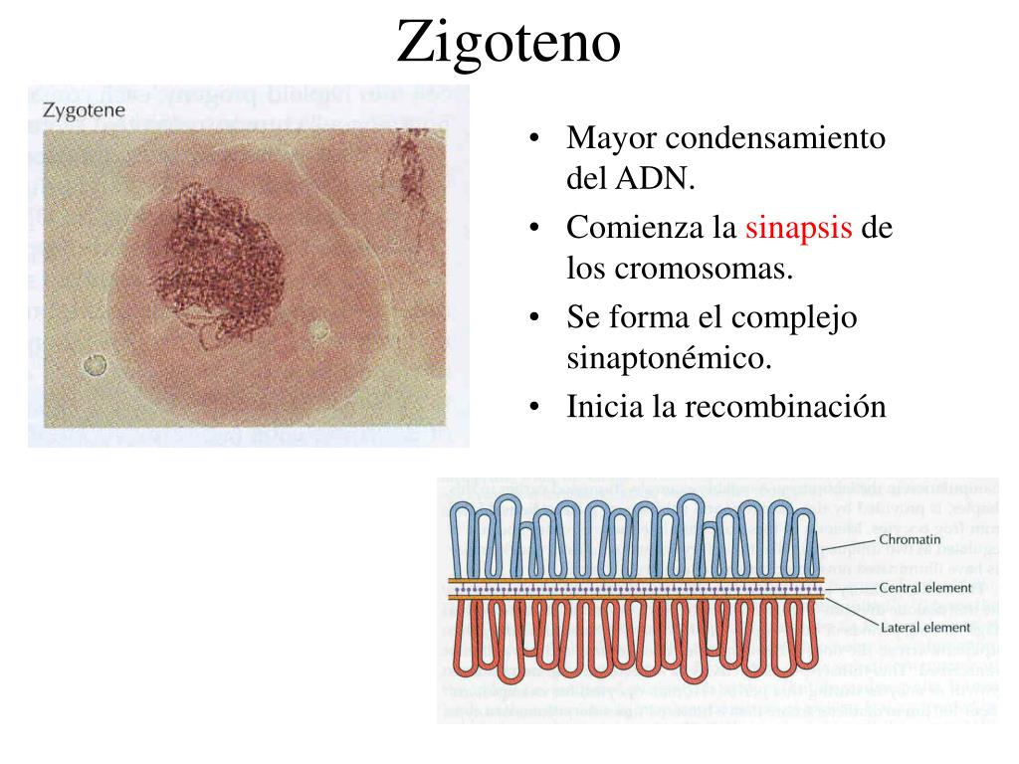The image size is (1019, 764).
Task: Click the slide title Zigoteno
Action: pyautogui.click(x=509, y=42)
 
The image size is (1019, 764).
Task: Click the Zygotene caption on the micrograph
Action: pyautogui.click(x=84, y=110)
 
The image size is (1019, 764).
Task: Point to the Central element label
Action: pyautogui.click(x=924, y=588)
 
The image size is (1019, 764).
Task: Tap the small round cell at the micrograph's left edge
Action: pyautogui.click(x=95, y=365)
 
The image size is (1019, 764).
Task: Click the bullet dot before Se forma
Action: pyautogui.click(x=536, y=318)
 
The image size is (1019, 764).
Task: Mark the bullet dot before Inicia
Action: pyautogui.click(x=536, y=408)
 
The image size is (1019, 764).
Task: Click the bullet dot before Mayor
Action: pyautogui.click(x=536, y=139)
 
